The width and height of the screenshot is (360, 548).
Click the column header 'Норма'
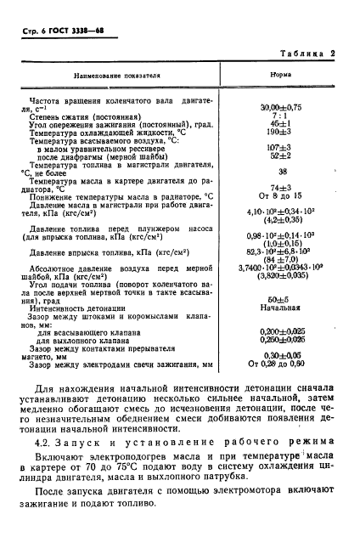(282, 75)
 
